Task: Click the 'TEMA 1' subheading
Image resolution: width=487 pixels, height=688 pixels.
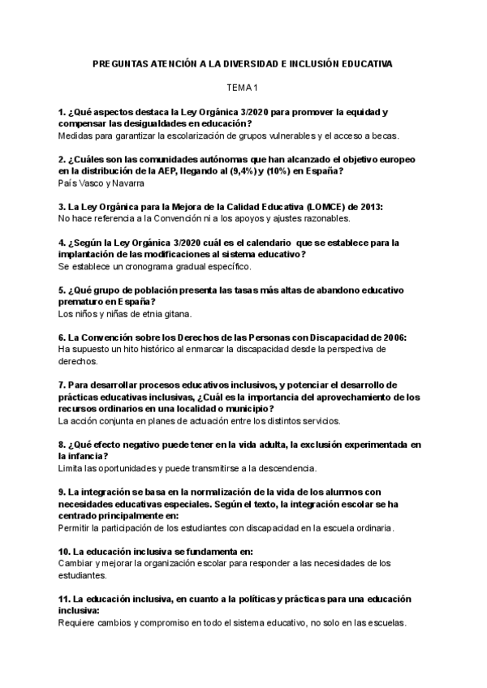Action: [x=242, y=87]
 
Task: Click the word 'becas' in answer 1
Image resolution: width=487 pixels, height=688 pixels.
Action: [x=392, y=135]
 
